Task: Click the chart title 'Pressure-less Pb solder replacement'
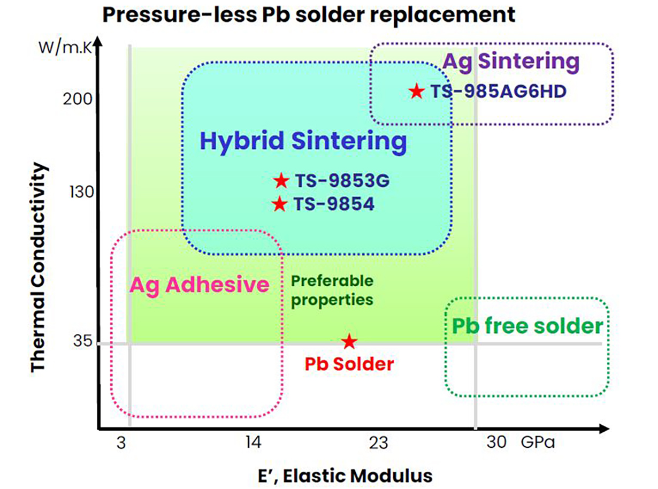pyautogui.click(x=309, y=14)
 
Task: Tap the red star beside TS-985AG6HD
pyautogui.click(x=417, y=91)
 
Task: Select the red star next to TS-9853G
pyautogui.click(x=281, y=181)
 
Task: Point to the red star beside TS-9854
pyautogui.click(x=279, y=204)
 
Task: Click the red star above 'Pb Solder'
pyautogui.click(x=349, y=341)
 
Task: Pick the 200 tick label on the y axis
pyautogui.click(x=81, y=100)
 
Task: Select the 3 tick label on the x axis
pyautogui.click(x=121, y=443)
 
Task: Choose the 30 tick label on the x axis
pyautogui.click(x=497, y=443)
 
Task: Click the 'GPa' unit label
pyautogui.click(x=537, y=443)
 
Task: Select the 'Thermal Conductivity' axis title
pyautogui.click(x=40, y=268)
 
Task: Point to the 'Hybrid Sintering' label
pyautogui.click(x=303, y=142)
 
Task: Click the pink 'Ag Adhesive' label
pyautogui.click(x=200, y=285)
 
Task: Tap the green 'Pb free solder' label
pyautogui.click(x=527, y=326)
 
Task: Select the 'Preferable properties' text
pyautogui.click(x=332, y=290)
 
